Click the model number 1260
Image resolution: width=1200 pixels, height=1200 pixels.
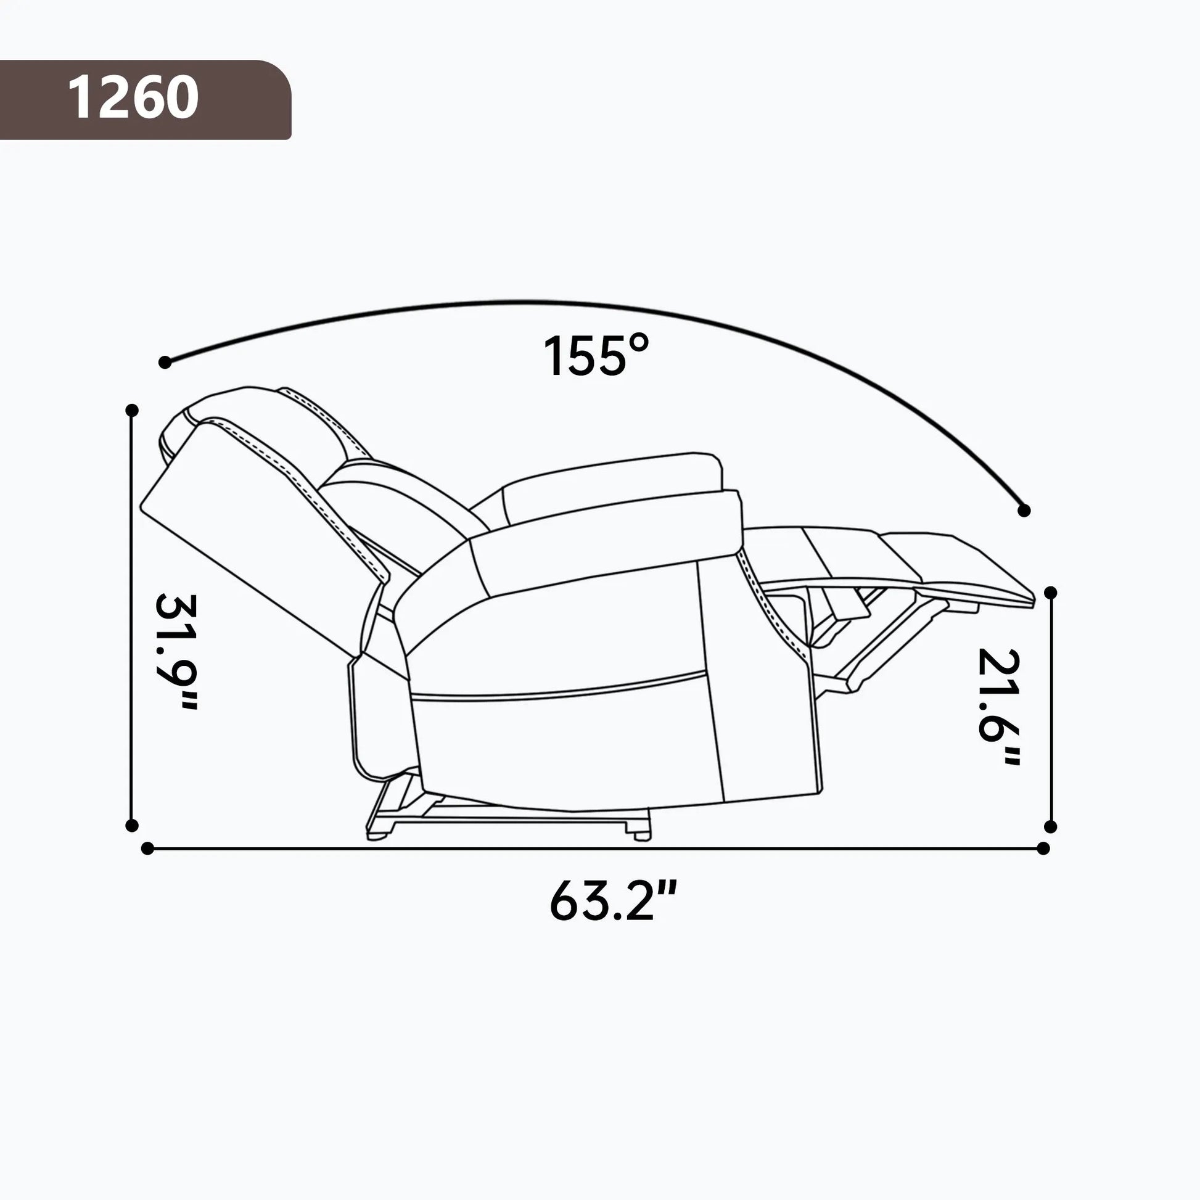click(x=133, y=98)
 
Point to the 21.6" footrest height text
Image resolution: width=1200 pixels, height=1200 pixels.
click(x=999, y=706)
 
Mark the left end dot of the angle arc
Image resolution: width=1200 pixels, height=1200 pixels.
click(x=165, y=362)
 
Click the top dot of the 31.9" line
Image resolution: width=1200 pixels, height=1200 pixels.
click(x=132, y=410)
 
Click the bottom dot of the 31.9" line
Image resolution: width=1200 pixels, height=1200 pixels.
click(x=132, y=826)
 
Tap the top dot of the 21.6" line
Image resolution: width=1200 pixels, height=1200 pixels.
click(x=1051, y=593)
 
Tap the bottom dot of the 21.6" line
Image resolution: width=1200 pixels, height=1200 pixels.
click(x=1051, y=827)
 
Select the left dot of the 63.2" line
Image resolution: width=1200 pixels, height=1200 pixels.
click(x=147, y=849)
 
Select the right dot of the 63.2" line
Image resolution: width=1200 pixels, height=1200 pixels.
click(x=1043, y=849)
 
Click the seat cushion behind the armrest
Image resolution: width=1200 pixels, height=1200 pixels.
click(x=612, y=488)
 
